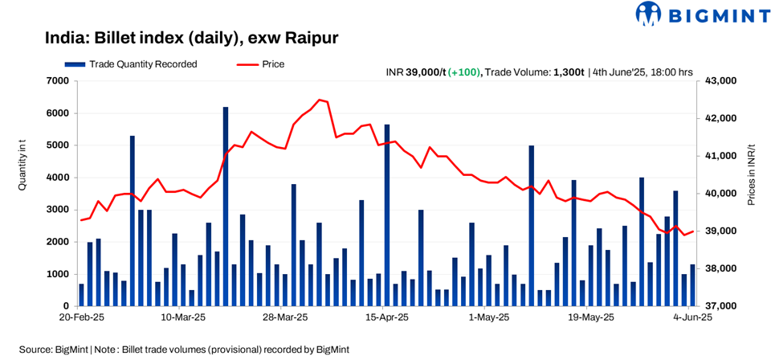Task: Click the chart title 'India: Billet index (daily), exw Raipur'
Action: pyautogui.click(x=192, y=38)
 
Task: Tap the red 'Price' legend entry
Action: pyautogui.click(x=260, y=63)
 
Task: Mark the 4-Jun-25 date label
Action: pyautogui.click(x=691, y=317)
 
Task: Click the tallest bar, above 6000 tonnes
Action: pyautogui.click(x=226, y=206)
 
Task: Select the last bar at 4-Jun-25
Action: pyautogui.click(x=692, y=285)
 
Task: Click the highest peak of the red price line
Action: pyautogui.click(x=320, y=100)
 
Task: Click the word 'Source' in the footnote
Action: pyautogui.click(x=36, y=350)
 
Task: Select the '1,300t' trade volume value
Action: pyautogui.click(x=567, y=72)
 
